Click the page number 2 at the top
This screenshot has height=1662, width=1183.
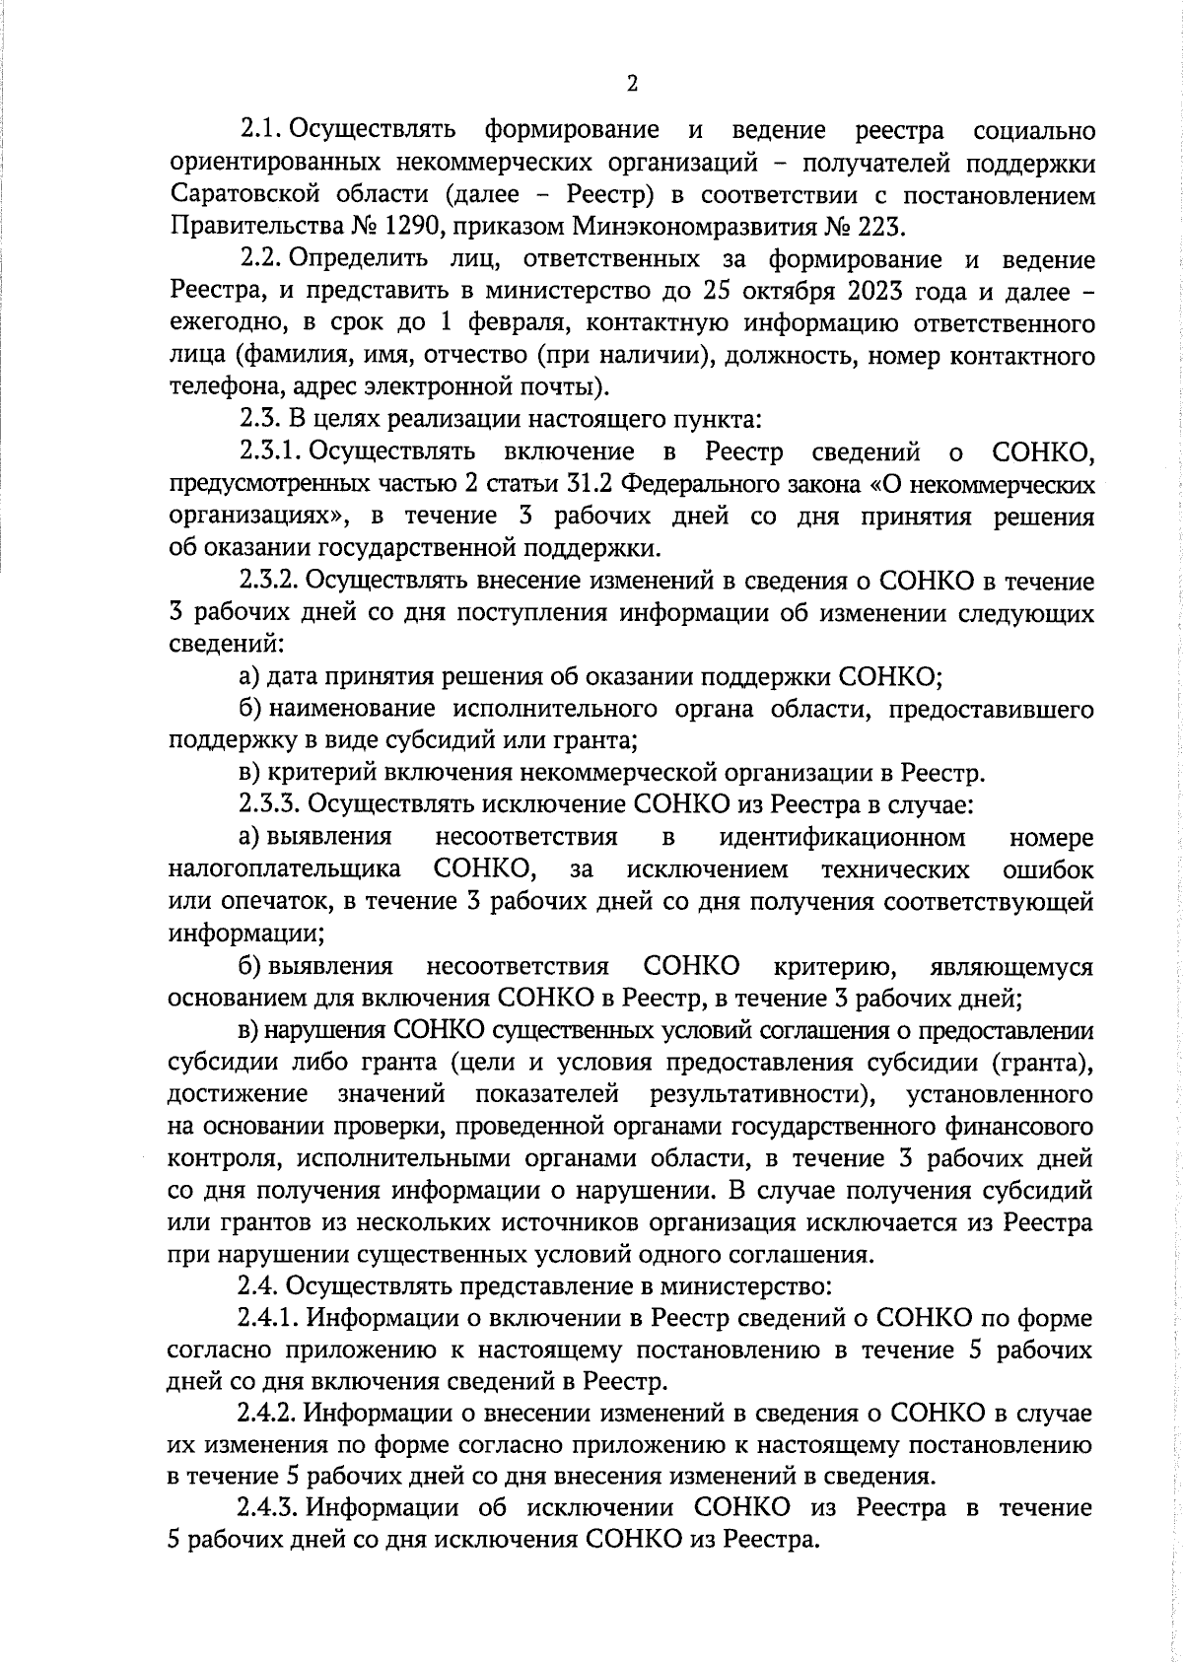632,84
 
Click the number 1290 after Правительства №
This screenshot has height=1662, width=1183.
398,228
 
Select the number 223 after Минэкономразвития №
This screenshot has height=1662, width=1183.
880,228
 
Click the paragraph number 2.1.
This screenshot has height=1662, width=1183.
262,131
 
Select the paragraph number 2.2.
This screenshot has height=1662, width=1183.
263,260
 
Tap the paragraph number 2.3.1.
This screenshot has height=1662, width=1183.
270,452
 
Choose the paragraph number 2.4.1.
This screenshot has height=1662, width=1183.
270,1318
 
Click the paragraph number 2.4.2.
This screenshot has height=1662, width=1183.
270,1414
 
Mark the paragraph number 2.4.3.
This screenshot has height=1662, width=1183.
270,1508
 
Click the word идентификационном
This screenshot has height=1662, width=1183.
842,838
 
